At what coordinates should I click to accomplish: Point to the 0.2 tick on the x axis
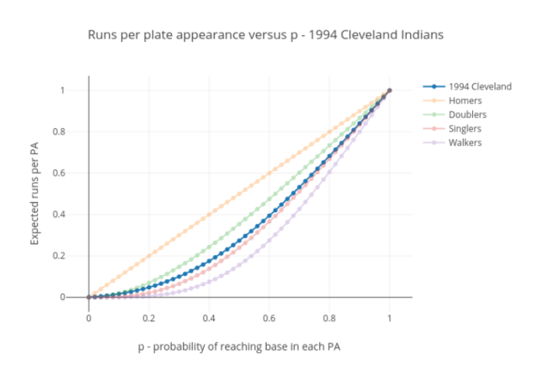149,318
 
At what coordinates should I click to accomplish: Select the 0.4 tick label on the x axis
209,318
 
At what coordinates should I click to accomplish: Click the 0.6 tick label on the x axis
269,318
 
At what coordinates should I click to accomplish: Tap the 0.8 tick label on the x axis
329,318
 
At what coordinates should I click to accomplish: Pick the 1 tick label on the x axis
390,318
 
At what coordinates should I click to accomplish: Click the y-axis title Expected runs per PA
35,194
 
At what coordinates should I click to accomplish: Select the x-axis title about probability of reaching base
239,346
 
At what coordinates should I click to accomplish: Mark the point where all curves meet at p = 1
390,90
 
